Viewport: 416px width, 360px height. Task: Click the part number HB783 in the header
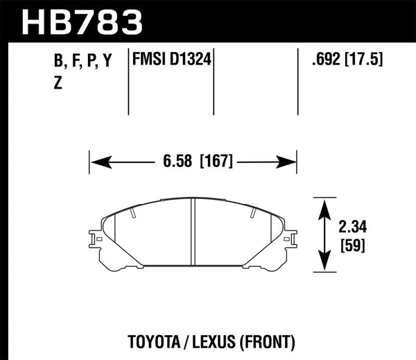tap(83, 21)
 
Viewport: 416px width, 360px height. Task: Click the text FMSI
tap(150, 62)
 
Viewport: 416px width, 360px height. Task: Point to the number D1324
tap(189, 62)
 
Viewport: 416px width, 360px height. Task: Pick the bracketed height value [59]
tap(352, 245)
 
